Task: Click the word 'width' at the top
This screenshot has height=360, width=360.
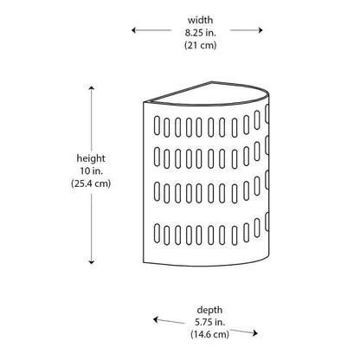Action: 200,20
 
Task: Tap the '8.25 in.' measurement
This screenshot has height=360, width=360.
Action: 201,33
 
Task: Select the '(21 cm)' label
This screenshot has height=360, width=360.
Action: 201,45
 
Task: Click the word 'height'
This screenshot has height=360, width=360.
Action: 91,158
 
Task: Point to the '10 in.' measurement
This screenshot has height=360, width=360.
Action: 91,170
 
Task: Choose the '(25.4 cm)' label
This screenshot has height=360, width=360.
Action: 91,183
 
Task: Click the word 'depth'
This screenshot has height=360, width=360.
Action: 209,311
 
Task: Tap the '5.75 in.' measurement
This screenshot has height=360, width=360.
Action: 210,322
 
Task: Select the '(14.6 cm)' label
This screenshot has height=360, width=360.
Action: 209,334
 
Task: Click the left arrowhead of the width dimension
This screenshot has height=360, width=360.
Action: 133,30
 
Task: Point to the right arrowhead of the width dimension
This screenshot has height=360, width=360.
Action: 260,30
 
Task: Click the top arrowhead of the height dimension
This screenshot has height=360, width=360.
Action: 92,87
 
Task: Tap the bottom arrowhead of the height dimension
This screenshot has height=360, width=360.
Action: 92,262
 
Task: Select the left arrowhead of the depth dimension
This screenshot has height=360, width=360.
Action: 155,319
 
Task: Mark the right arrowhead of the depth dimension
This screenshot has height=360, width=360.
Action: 255,333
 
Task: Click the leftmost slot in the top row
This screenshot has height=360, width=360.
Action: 157,125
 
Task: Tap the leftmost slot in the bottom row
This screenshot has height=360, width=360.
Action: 157,234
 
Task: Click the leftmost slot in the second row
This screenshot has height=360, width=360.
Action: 157,157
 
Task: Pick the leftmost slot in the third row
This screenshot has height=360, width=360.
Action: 157,190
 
